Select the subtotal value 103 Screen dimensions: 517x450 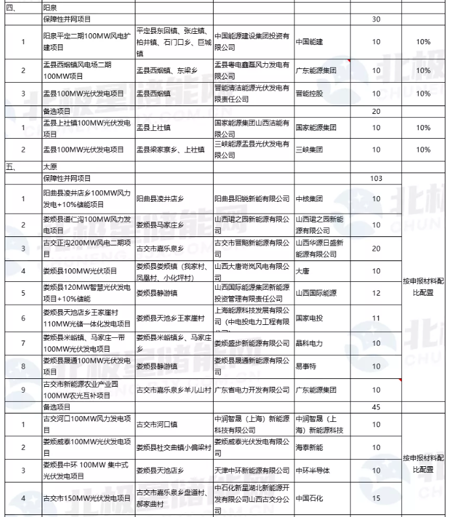click(x=376, y=178)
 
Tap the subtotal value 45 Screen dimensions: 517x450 click(x=376, y=407)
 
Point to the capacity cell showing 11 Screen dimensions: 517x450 click(x=376, y=318)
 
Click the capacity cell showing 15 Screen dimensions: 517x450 click(x=376, y=498)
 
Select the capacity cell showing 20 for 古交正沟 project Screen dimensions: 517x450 click(x=376, y=249)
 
